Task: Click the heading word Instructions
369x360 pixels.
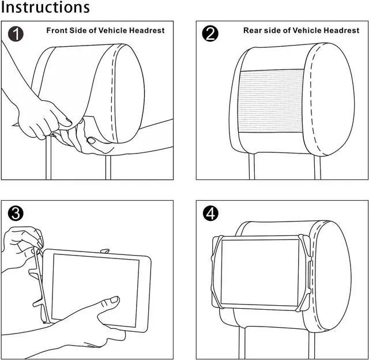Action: (45, 8)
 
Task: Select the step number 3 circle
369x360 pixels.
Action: (17, 213)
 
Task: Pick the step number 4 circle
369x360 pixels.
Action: (211, 213)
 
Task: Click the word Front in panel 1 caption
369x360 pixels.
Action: (57, 30)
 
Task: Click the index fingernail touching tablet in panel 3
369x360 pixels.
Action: (114, 300)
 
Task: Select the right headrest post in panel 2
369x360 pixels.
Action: (318, 167)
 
